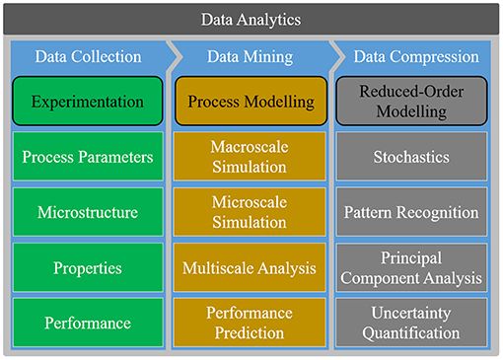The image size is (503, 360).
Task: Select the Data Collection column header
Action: [x=88, y=56]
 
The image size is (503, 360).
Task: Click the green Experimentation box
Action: [x=88, y=102]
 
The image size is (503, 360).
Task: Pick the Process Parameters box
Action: [x=88, y=157]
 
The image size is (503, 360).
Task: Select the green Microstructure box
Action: [x=88, y=212]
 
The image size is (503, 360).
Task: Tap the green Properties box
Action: [x=88, y=267]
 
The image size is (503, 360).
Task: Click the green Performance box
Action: [x=88, y=323]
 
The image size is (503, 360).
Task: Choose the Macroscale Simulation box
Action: [x=249, y=157]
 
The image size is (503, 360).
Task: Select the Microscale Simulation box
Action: [x=249, y=212]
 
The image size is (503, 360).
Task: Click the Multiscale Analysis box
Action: [x=249, y=267]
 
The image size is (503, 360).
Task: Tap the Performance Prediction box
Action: [x=249, y=323]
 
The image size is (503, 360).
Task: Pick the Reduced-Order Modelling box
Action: [x=411, y=102]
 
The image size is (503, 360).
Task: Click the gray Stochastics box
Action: [x=411, y=157]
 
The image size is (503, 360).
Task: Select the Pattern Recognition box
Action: [x=411, y=212]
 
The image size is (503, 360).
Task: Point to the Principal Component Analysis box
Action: [x=411, y=267]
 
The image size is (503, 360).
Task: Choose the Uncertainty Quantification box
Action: [x=411, y=323]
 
